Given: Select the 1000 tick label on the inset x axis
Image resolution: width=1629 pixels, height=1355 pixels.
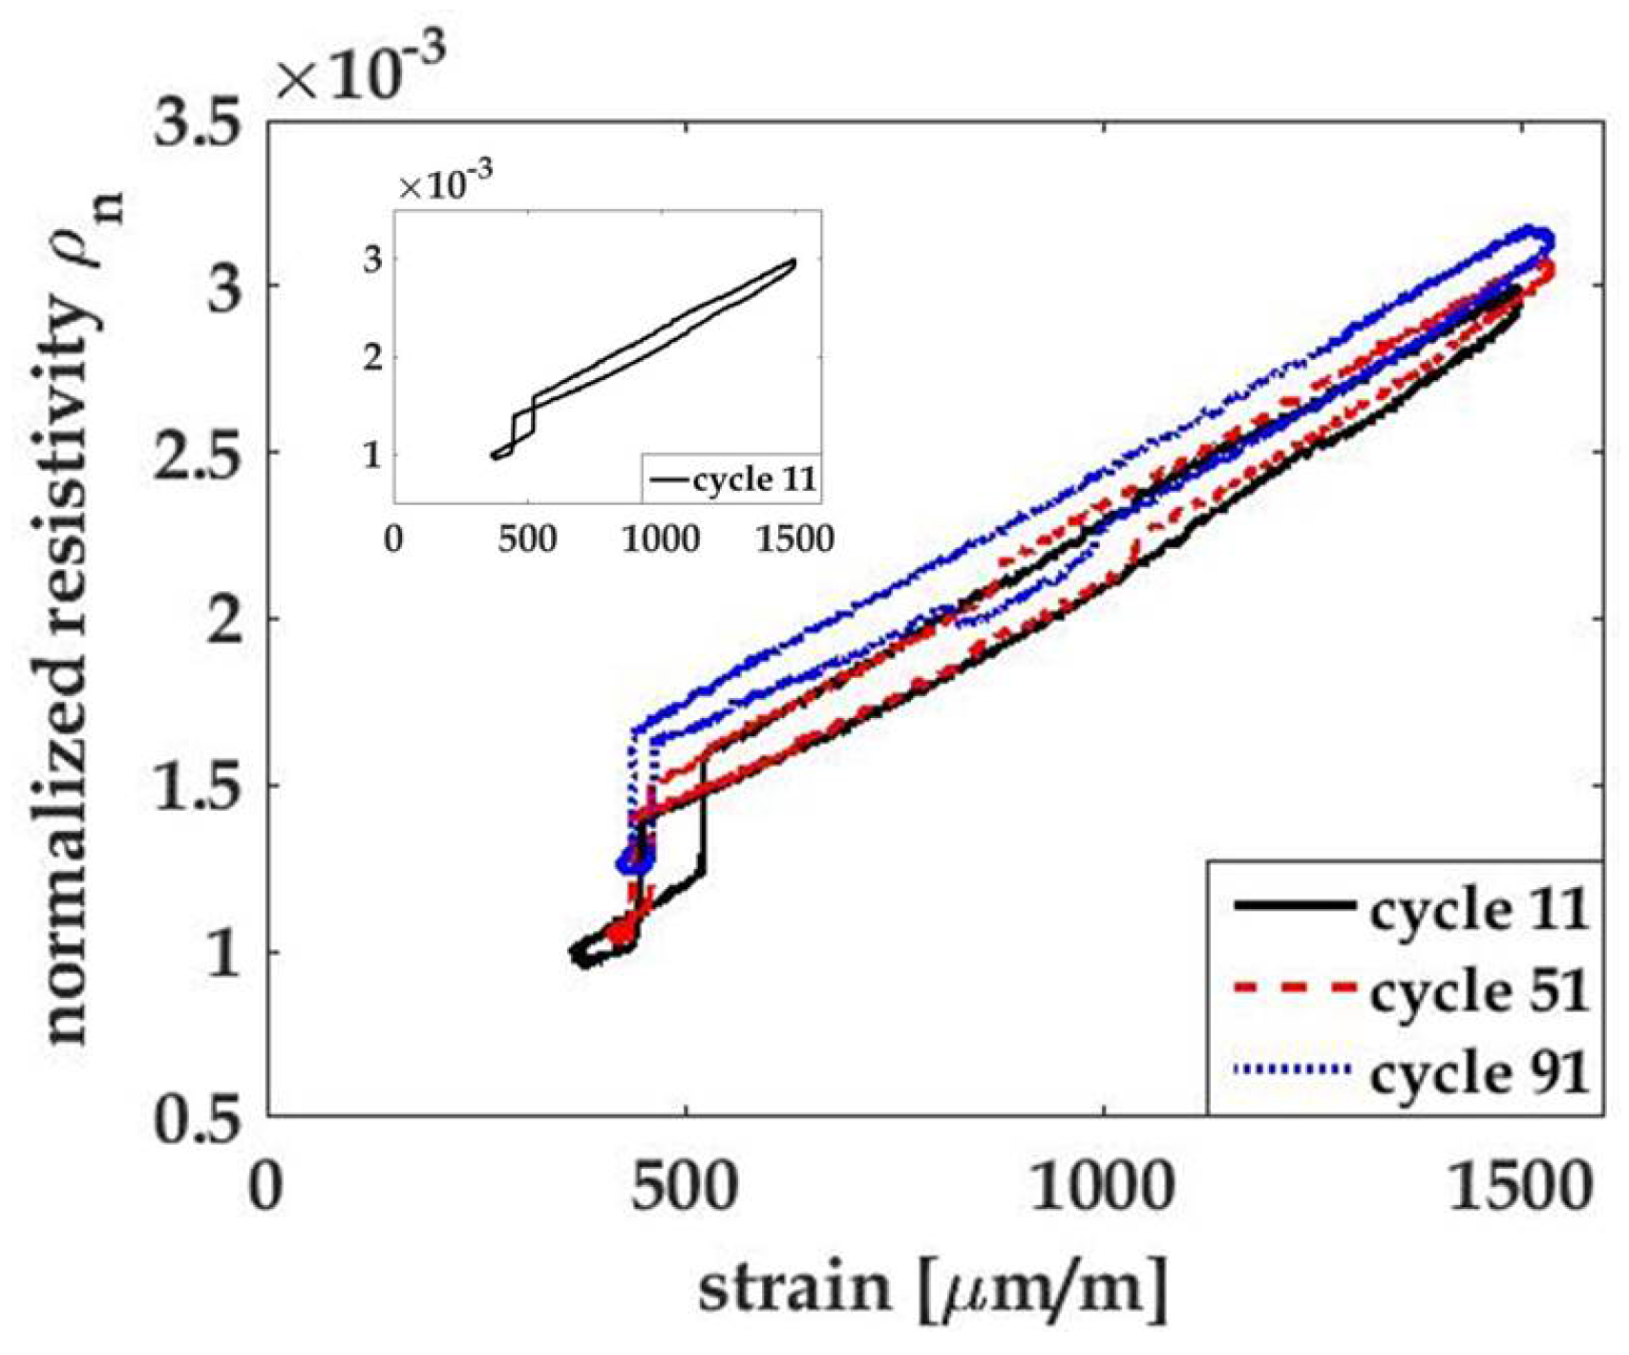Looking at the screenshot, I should [x=661, y=540].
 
